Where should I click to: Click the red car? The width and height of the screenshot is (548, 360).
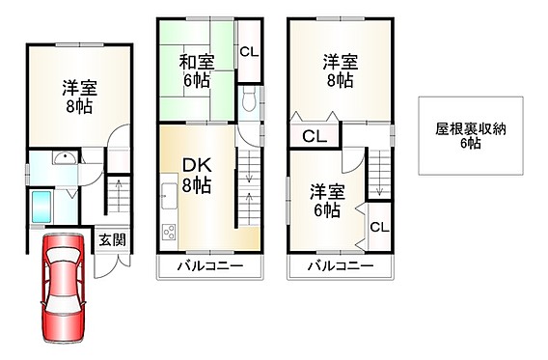pyautogui.click(x=64, y=288)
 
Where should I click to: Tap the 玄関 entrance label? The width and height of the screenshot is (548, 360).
pyautogui.click(x=112, y=240)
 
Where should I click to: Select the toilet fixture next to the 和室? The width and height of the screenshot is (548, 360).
pyautogui.click(x=249, y=98)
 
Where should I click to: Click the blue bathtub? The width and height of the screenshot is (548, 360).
pyautogui.click(x=41, y=207)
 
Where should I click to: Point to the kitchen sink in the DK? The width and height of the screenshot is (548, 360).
pyautogui.click(x=170, y=196)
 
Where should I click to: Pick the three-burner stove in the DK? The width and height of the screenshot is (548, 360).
pyautogui.click(x=169, y=232)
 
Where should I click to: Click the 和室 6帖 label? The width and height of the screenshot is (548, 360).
pyautogui.click(x=197, y=71)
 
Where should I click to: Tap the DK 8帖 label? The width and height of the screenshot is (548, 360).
pyautogui.click(x=197, y=175)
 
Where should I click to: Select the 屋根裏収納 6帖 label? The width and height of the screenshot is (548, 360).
pyautogui.click(x=471, y=136)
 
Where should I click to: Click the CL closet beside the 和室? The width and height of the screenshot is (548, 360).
pyautogui.click(x=249, y=52)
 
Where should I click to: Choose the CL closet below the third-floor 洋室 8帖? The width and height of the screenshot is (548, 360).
pyautogui.click(x=315, y=136)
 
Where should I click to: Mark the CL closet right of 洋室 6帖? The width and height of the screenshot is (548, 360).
pyautogui.click(x=379, y=227)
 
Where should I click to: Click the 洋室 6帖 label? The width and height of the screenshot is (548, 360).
pyautogui.click(x=327, y=201)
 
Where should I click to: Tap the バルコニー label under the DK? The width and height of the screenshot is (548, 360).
pyautogui.click(x=210, y=266)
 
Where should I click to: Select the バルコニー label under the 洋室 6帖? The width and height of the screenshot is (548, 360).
pyautogui.click(x=341, y=266)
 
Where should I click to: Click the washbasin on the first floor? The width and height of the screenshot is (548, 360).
pyautogui.click(x=65, y=157)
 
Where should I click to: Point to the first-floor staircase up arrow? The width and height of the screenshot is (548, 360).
pyautogui.click(x=119, y=196)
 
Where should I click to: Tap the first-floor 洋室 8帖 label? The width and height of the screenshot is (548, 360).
pyautogui.click(x=79, y=97)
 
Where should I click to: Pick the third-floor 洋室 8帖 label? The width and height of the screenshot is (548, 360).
pyautogui.click(x=340, y=71)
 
